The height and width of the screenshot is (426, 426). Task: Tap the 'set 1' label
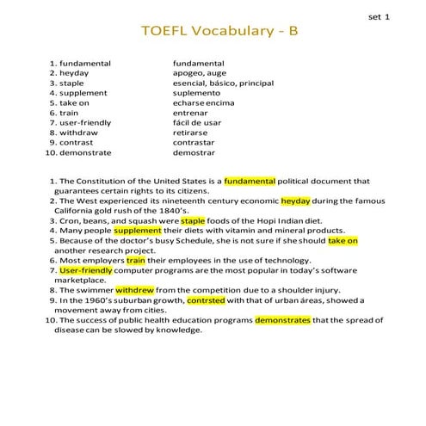click(x=378, y=16)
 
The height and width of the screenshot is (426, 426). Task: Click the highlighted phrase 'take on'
click(x=343, y=241)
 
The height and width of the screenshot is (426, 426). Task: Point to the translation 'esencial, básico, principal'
click(x=223, y=83)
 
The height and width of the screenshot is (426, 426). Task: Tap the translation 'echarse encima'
click(x=202, y=103)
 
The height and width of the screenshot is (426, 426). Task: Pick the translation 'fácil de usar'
click(x=198, y=122)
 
